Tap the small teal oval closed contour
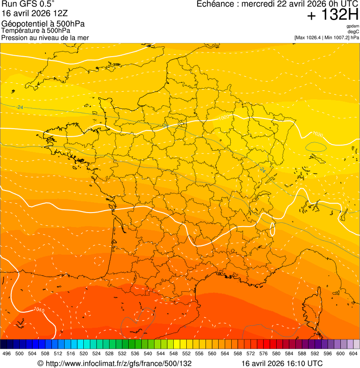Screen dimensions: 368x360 [316, 147]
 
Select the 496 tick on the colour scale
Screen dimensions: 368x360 [7, 353]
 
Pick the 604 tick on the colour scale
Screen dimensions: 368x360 [353, 353]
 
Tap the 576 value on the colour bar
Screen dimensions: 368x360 [264, 353]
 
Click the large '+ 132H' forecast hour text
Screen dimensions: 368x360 [333, 15]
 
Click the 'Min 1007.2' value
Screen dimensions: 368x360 [339, 37]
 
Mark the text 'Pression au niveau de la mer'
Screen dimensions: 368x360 [45, 37]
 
